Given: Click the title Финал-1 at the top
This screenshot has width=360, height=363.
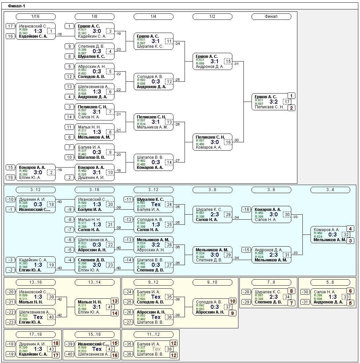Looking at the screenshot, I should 17,6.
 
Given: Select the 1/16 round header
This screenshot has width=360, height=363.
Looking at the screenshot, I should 35,16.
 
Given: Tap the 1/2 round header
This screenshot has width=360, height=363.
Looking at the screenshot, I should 212,16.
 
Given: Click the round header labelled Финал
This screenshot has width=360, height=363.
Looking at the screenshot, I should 271,16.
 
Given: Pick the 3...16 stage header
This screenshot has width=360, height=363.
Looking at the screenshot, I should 94,190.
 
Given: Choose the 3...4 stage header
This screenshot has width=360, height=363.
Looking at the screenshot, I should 330,190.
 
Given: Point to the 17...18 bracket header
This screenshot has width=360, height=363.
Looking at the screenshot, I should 35,334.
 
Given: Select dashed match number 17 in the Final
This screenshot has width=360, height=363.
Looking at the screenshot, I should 287,102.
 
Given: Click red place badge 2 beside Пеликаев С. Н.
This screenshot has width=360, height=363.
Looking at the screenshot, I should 292,108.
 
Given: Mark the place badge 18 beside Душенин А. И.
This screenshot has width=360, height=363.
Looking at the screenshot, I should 56,343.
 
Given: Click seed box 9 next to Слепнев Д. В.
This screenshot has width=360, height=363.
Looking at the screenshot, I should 69,46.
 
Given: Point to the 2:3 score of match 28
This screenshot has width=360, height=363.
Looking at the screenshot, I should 215,214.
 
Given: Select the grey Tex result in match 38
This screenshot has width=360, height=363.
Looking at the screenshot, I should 156,349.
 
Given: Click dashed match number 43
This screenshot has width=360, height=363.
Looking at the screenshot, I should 51,349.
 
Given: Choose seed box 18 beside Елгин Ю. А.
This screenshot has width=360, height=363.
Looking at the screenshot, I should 10,177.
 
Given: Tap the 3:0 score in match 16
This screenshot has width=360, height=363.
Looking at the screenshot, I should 215,142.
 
